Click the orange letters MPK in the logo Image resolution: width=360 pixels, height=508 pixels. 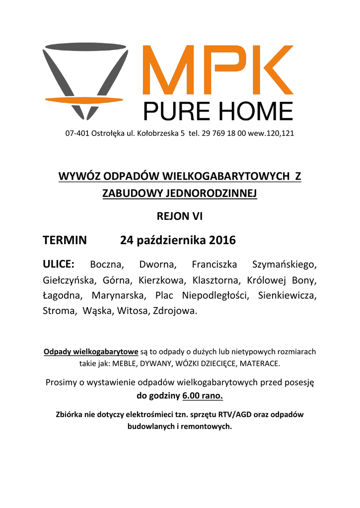218,71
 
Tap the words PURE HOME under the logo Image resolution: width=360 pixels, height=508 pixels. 218,111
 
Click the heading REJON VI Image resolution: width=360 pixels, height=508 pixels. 180,216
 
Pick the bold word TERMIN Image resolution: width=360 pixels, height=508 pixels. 65,241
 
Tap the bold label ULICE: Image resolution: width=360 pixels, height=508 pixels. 59,263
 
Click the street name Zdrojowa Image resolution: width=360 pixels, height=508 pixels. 175,312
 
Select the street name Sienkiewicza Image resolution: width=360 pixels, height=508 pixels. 287,296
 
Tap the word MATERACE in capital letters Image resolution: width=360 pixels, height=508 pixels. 261,364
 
